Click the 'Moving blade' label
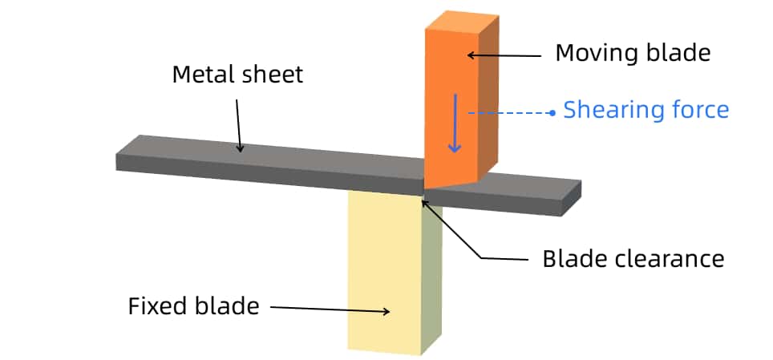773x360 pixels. [x=633, y=54]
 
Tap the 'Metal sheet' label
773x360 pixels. [x=237, y=75]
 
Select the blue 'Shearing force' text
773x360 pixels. [x=646, y=110]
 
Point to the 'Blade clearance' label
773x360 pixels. [x=633, y=259]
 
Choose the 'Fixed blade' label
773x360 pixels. [x=193, y=306]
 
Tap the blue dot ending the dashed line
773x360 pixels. [x=552, y=113]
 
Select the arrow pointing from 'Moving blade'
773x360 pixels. [x=504, y=55]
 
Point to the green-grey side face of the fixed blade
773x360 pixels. [x=431, y=273]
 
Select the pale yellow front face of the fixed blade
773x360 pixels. [x=384, y=273]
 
